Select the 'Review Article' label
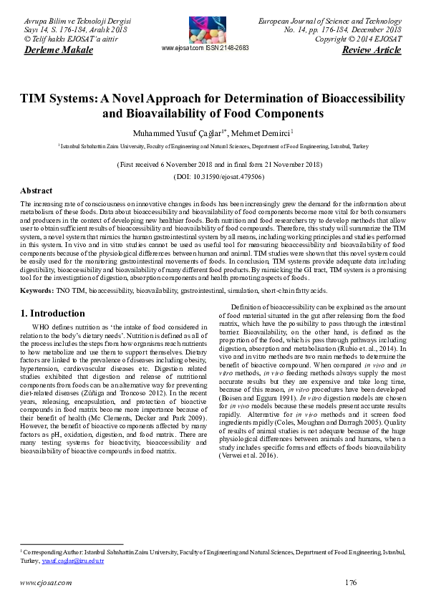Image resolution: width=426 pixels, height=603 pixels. click(373, 50)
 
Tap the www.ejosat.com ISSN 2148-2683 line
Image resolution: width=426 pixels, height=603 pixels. click(205, 48)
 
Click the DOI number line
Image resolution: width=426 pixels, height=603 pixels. click(213, 176)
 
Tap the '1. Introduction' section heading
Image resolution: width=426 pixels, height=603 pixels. click(52, 314)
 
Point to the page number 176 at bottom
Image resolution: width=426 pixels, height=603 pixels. click(350, 583)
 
